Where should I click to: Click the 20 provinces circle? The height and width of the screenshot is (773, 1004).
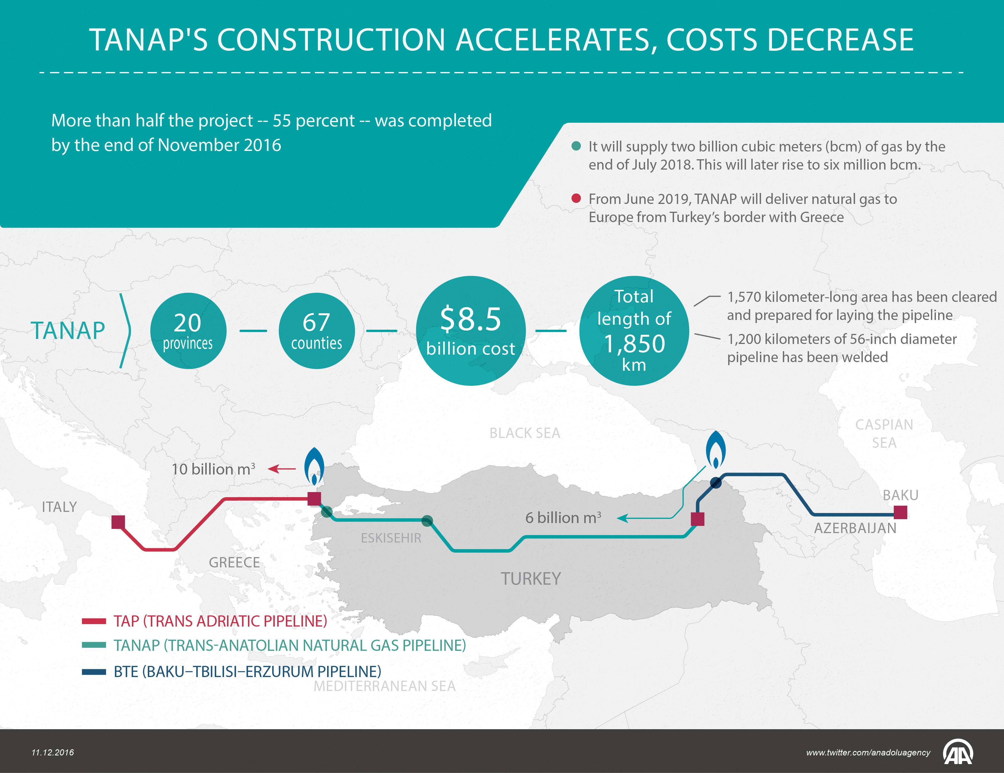(188, 331)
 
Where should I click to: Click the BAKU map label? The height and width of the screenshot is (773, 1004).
(900, 495)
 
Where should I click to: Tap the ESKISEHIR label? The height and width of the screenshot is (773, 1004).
(391, 538)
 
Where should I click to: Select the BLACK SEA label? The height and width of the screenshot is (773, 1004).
(525, 433)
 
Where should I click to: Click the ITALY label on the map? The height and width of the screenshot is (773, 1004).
(59, 507)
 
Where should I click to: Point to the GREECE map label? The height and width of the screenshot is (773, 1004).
(234, 562)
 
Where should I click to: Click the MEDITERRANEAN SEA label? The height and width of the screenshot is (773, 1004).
(384, 686)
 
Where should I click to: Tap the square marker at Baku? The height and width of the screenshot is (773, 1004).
(900, 512)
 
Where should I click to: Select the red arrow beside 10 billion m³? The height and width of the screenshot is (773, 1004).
(282, 469)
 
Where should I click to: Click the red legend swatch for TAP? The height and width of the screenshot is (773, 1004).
(94, 621)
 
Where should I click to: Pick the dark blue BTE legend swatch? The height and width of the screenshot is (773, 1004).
(94, 672)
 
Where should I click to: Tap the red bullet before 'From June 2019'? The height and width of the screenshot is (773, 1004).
(576, 199)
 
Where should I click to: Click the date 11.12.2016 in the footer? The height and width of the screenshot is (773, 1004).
(52, 752)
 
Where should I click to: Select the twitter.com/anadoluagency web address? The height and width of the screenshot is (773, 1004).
(868, 752)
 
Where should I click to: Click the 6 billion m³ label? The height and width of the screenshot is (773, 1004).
(563, 518)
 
